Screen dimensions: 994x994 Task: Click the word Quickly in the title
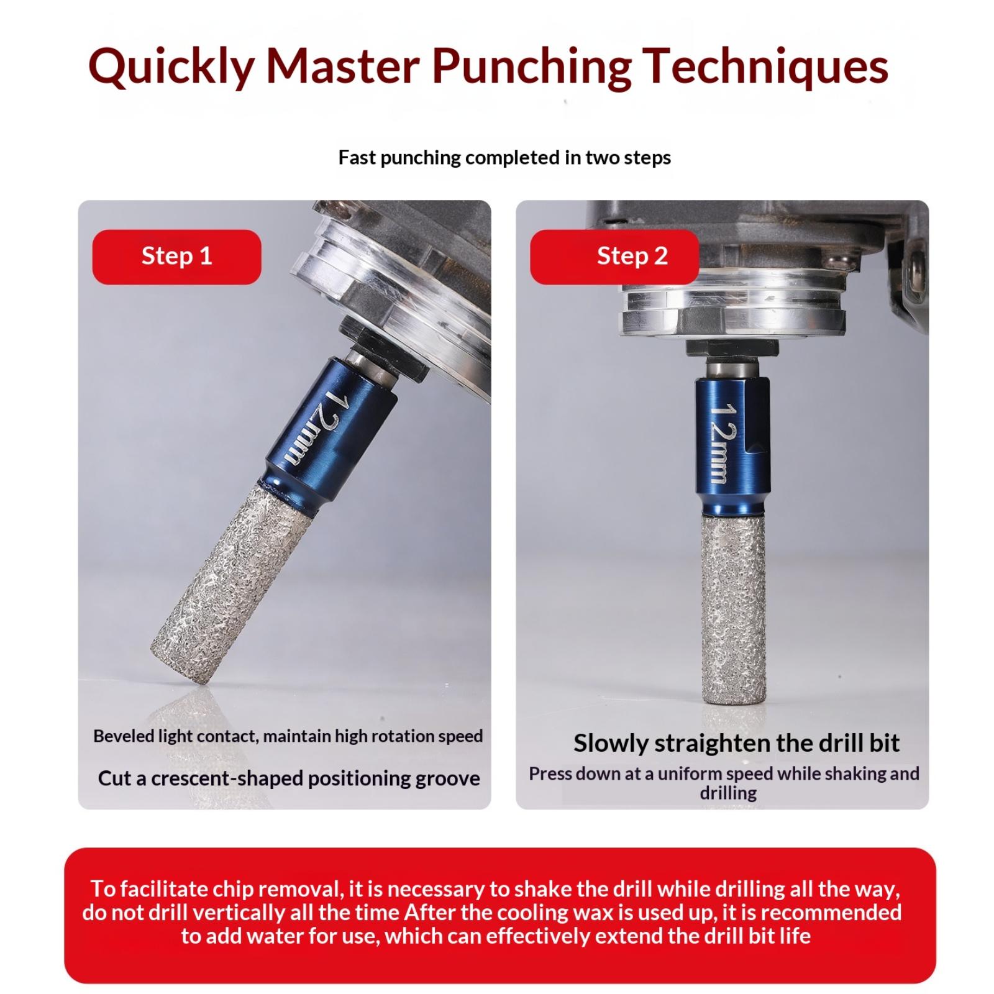click(171, 67)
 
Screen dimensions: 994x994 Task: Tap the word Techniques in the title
click(766, 66)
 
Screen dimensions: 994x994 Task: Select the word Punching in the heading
click(531, 67)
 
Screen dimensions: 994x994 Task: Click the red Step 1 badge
click(177, 257)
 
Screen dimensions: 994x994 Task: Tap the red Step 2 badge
click(615, 257)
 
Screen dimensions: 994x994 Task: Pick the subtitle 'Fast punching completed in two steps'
click(504, 158)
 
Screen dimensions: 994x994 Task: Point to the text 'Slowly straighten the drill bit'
click(736, 743)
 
